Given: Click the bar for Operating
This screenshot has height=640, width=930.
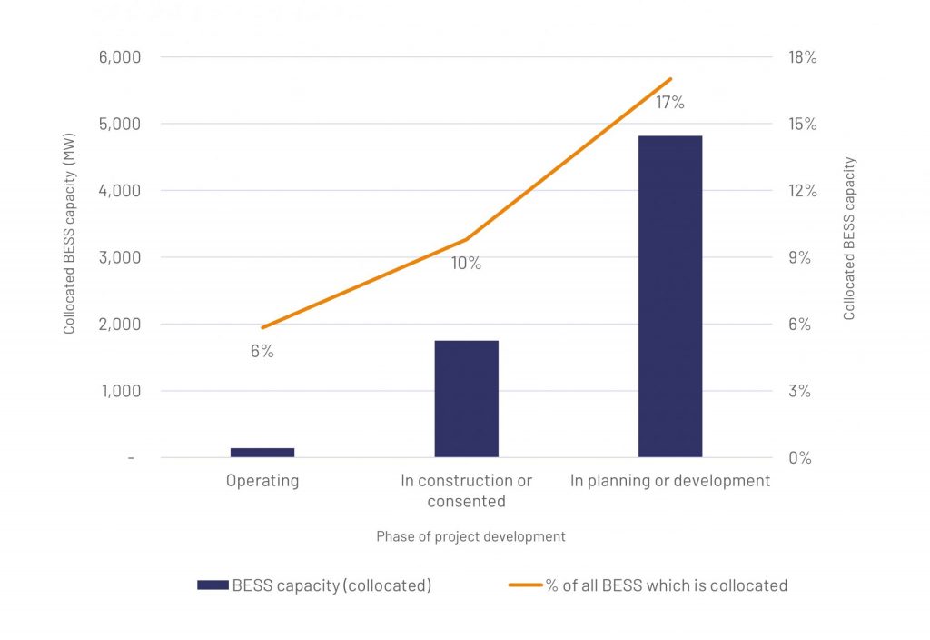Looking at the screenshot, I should click(262, 452).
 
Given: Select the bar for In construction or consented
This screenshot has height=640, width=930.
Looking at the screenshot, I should click(466, 399).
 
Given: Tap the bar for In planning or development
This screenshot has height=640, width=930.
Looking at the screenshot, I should click(670, 296).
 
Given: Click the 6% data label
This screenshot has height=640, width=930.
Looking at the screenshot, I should click(262, 351).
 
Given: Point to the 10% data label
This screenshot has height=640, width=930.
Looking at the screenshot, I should click(466, 264).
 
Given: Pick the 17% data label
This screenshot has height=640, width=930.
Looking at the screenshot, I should click(670, 103).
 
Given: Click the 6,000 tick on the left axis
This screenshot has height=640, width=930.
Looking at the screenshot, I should click(119, 57).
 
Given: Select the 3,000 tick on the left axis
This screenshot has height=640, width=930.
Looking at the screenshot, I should click(119, 257).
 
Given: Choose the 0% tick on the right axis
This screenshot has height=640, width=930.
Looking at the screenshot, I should click(798, 458).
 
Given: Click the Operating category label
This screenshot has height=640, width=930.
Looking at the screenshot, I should click(262, 481).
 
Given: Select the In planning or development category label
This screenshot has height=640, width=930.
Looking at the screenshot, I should click(670, 481).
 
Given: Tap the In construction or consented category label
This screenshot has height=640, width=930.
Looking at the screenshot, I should click(466, 491).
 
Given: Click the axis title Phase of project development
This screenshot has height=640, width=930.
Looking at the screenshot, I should click(470, 536).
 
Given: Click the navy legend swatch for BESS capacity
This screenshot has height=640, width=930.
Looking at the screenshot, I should click(212, 585).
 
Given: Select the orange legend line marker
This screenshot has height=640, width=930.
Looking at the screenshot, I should click(524, 585).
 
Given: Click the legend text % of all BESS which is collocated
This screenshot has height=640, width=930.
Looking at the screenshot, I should click(666, 585).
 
